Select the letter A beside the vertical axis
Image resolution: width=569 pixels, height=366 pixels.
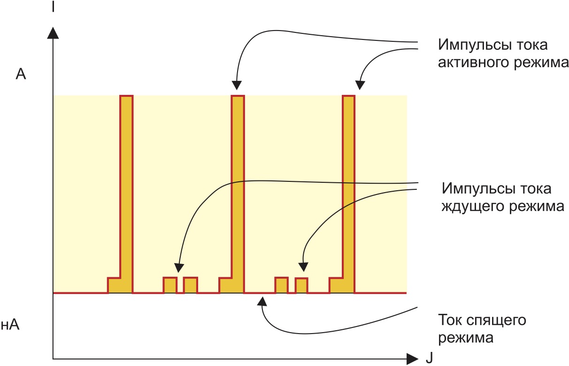coord(21,74)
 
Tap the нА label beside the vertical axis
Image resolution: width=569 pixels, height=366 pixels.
coord(10,325)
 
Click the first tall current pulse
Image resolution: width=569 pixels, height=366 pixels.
coord(126,188)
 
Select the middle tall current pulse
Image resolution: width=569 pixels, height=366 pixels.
coord(238,188)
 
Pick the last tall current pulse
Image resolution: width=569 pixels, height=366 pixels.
coord(349,188)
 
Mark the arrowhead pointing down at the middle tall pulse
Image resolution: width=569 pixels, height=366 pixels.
coord(237,85)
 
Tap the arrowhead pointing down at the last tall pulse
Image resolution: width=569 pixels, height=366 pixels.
coord(360,85)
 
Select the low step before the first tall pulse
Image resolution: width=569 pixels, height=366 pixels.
coord(114,285)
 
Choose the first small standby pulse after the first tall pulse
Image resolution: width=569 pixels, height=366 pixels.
coord(170,285)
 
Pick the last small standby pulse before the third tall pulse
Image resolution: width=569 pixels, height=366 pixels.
coord(301,286)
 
